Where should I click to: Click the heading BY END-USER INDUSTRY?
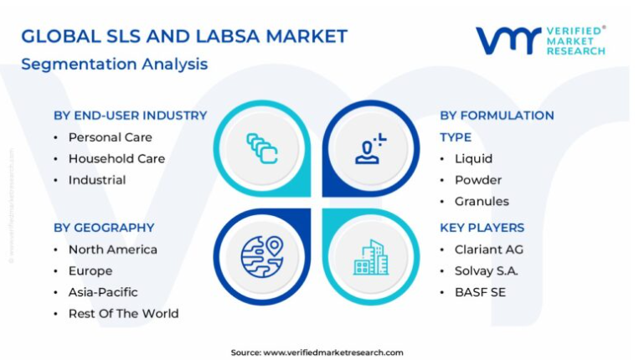coord(131,116)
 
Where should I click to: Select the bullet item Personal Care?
coord(110,137)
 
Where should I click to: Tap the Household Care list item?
coord(116,158)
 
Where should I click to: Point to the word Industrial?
coord(97,180)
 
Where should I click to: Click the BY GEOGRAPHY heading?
coord(104,228)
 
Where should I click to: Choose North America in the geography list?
coord(112,249)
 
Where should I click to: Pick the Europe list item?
coord(90,270)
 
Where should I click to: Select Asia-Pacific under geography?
coord(103,292)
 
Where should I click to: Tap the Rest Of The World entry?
coord(123,314)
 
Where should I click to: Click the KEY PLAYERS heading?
coord(482,228)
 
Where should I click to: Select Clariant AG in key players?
coord(489,249)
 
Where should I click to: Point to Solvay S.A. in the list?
coord(487,270)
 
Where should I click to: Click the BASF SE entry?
coord(480,292)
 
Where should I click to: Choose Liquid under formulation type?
coord(473,158)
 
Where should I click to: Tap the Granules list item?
coord(482,201)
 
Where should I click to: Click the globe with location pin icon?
coord(262,257)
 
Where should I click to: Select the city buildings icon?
coord(371,257)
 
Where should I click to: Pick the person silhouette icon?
coord(370,149)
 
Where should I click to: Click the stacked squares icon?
coord(262,149)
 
